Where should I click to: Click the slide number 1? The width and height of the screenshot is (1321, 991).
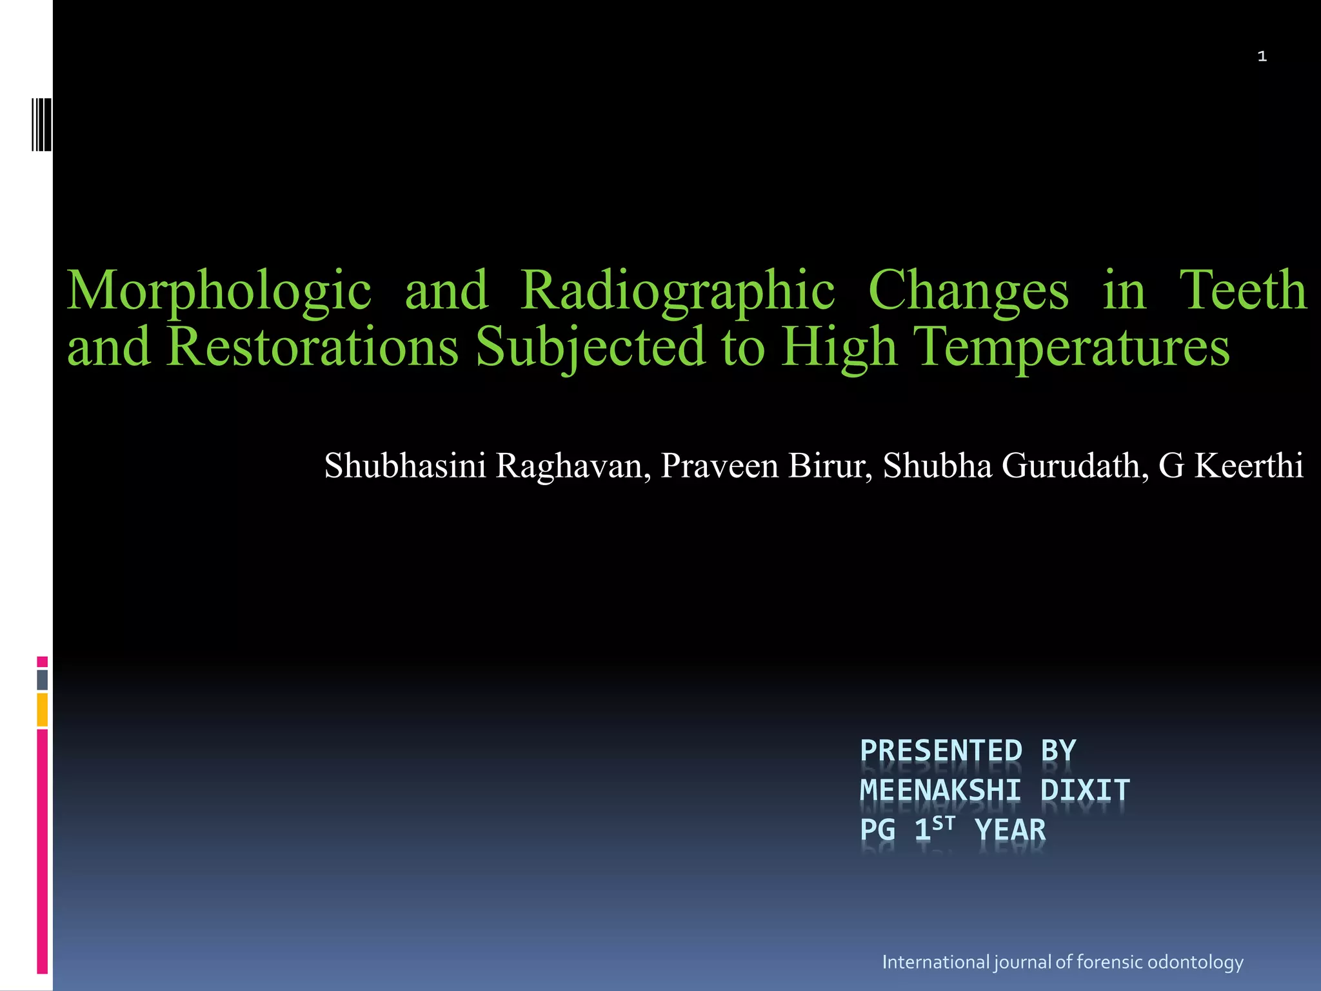1262,57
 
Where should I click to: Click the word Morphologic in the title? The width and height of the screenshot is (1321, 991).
219,291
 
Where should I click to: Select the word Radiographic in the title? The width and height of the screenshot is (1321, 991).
677,291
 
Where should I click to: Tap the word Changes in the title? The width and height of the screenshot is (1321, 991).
968,291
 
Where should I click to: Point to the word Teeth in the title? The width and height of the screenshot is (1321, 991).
1242,290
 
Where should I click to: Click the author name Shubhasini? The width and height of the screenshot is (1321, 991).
405,466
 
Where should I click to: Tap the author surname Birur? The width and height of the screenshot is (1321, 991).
829,466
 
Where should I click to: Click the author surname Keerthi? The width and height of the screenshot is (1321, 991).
1247,466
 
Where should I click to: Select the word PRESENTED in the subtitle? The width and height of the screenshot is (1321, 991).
941,751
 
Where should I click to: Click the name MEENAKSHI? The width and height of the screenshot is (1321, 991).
940,790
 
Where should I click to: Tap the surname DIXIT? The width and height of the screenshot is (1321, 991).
1085,790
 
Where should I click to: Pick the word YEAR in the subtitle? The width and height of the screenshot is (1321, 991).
1010,830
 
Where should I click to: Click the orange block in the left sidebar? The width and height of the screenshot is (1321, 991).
43,710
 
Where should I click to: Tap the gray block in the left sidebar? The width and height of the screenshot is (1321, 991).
43,679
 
